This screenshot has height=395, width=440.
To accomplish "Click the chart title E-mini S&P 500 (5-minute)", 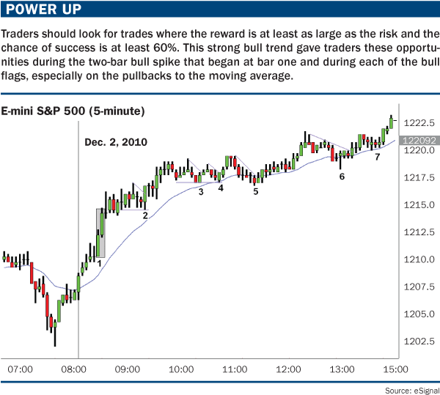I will point(73,111).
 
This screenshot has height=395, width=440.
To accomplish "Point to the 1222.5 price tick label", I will point(418,122).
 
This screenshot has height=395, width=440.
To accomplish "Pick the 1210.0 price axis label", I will point(418,260).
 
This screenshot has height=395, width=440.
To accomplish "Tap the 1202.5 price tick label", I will point(418,342).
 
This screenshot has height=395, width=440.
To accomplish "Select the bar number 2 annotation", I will point(145,215).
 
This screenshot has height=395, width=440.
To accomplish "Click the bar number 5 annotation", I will point(256,191).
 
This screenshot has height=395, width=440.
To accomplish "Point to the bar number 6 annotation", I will point(342,177).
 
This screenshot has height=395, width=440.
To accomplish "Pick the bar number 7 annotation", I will point(377,157).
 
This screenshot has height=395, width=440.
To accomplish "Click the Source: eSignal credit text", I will point(408,388).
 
